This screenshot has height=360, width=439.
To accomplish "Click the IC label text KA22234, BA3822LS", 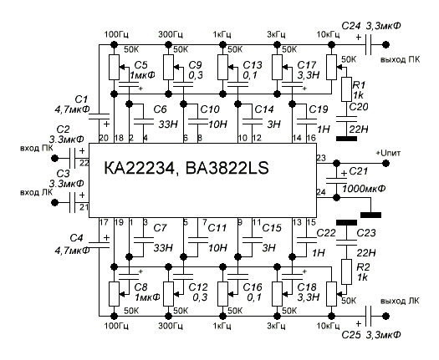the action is (186, 168).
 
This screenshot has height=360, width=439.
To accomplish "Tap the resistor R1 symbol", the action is (346, 89).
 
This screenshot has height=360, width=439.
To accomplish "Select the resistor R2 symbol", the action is (346, 272).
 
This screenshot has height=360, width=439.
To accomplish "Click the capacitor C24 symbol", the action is (369, 44).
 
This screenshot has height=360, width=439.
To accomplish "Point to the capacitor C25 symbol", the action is (369, 316).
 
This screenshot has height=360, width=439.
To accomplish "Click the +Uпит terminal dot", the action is (386, 163).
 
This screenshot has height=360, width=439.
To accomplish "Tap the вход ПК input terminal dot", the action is (55, 159).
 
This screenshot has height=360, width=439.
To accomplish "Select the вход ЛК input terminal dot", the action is (55, 202).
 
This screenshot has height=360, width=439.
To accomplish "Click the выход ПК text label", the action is (400, 59).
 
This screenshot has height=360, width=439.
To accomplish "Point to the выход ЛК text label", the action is (400, 301).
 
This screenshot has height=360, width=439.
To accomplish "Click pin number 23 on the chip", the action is (321, 158).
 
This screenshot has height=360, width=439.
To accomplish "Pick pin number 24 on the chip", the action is (321, 192).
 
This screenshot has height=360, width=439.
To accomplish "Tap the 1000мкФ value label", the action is (364, 188).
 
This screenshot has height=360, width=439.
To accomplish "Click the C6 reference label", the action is (161, 109).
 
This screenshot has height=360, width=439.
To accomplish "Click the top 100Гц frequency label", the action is (116, 35).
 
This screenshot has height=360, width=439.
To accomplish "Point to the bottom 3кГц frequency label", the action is (276, 326).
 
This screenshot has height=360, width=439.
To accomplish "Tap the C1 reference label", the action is (81, 99).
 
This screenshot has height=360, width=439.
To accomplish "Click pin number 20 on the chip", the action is (104, 138).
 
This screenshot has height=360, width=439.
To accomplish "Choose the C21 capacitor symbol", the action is (336, 180).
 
